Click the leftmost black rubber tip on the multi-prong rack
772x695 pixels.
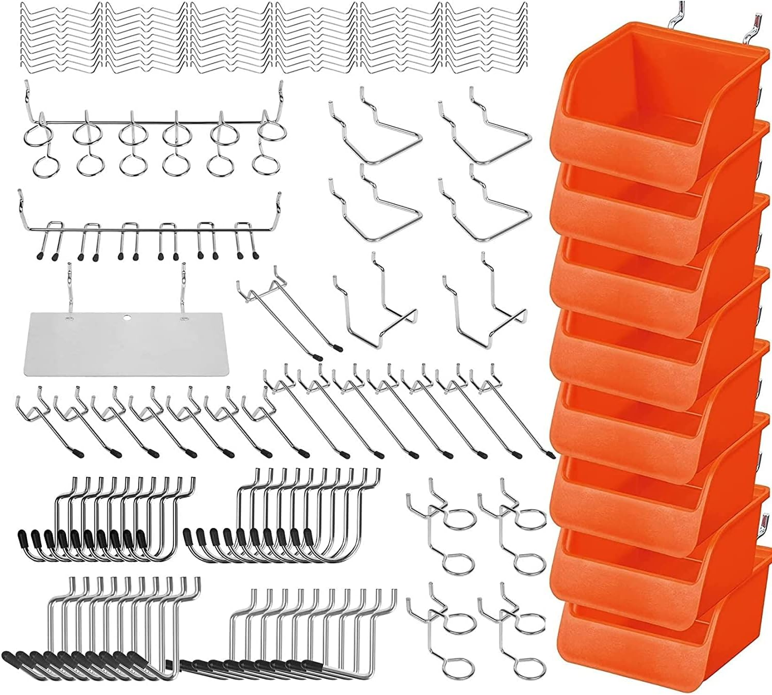40,257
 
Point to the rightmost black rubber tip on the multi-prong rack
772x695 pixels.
255,255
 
